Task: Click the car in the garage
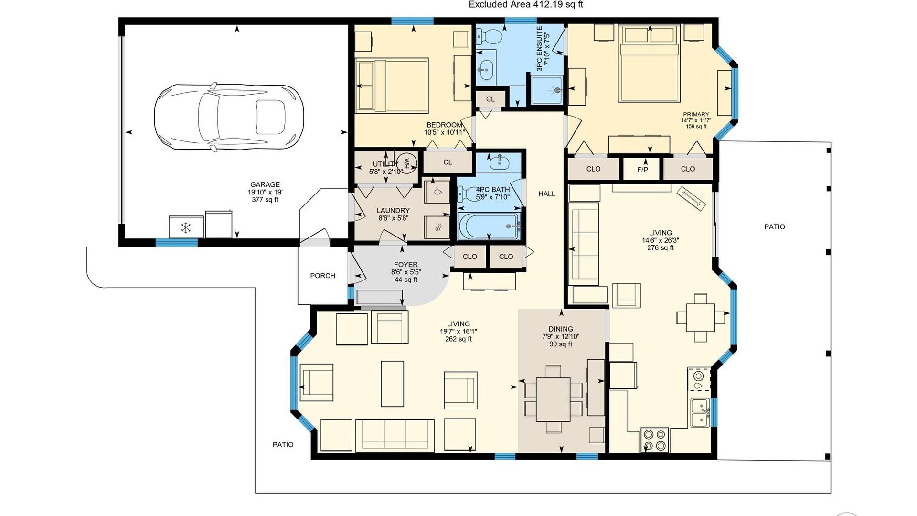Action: point(229,117)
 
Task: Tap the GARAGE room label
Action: point(265,184)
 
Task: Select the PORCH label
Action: point(322,276)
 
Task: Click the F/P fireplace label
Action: point(642,170)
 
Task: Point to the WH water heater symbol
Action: point(407,163)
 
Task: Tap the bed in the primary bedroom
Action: point(650,64)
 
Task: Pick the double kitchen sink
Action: point(700,413)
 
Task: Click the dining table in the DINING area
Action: point(553,399)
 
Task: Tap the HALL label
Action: point(547,193)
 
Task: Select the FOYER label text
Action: point(406,264)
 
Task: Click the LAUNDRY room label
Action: point(393,210)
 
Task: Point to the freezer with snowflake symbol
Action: point(186,227)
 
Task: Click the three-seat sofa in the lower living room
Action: point(395,436)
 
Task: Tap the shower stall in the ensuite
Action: point(547,90)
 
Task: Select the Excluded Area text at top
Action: point(526,5)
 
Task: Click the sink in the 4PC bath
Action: point(500,162)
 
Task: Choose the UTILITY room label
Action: point(385,164)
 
